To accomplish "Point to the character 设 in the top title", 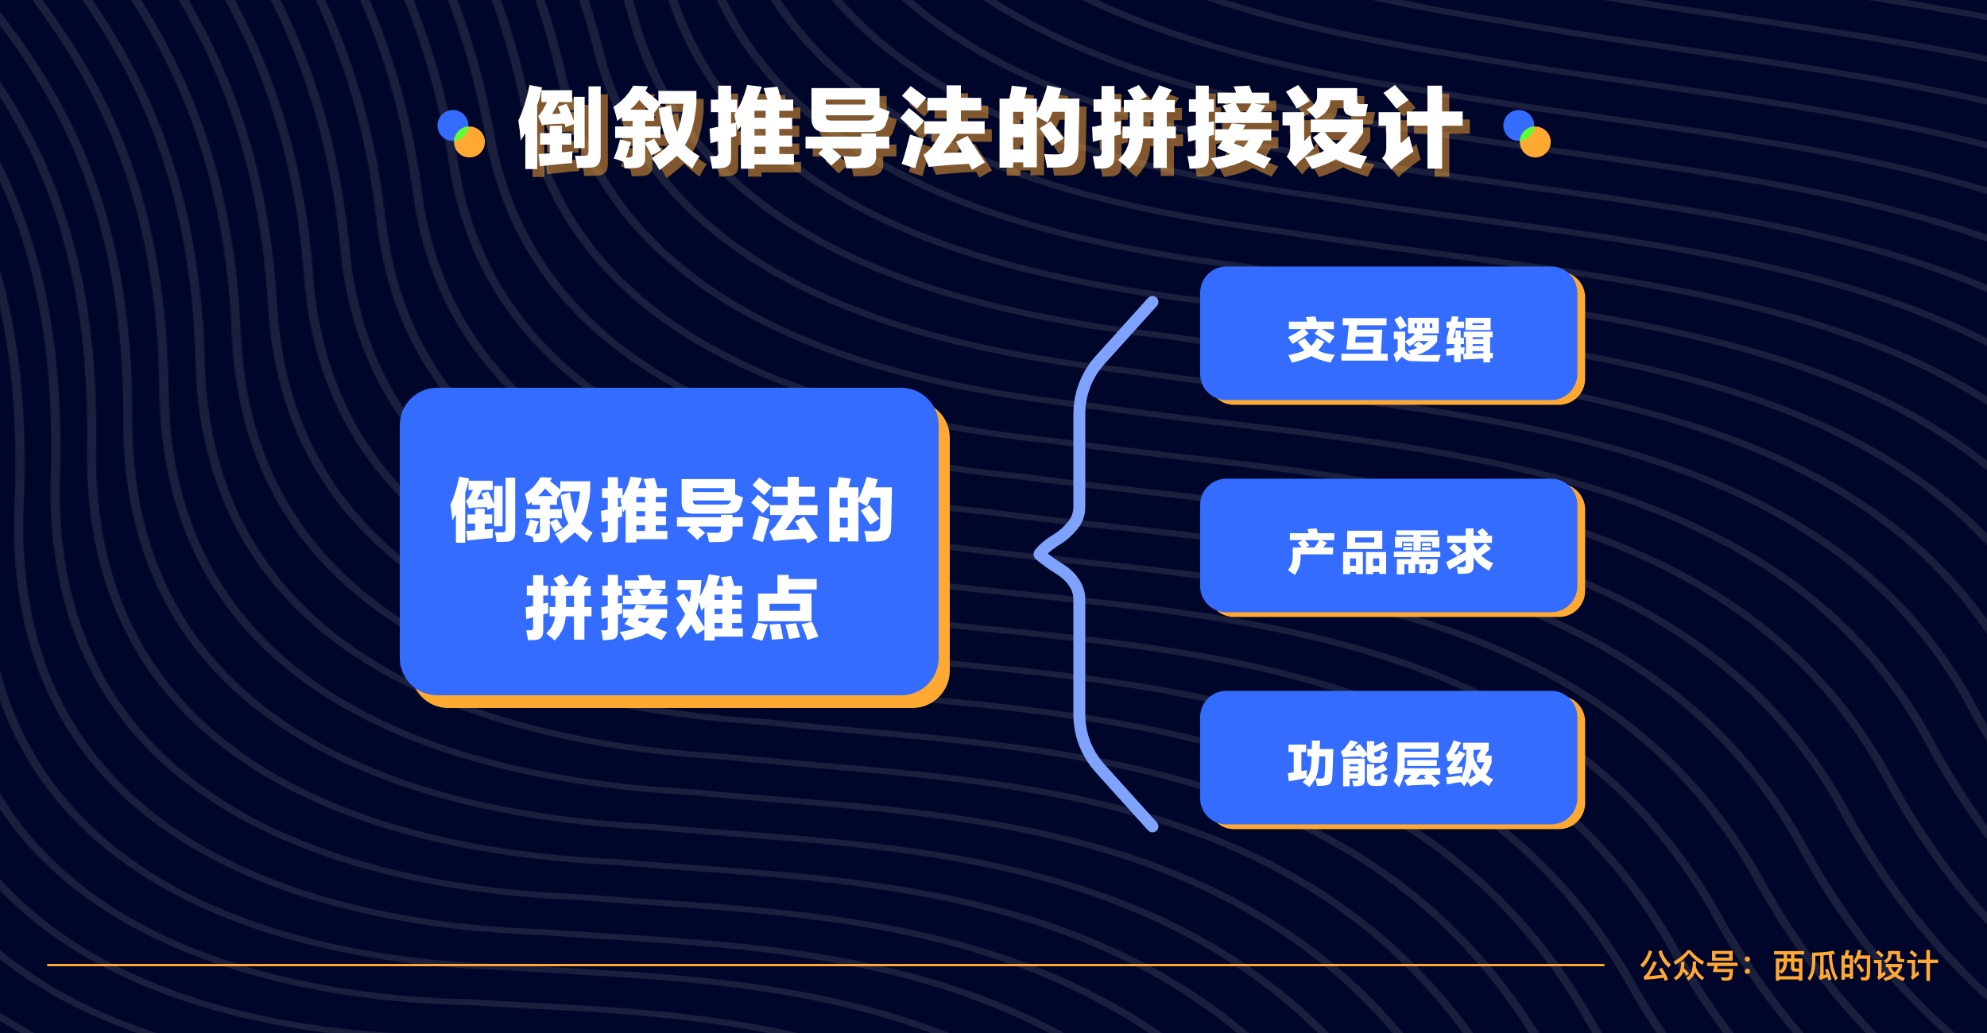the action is coord(1327,130).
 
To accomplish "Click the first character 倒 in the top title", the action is coord(564,130).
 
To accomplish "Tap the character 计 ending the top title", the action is coord(1423,130).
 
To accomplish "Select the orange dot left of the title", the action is coord(470,142).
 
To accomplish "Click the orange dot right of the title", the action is coord(1536,142).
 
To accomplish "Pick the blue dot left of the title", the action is coord(451,124).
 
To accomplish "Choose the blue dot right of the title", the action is coord(1517,124).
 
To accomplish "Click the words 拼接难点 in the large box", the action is coord(672,608).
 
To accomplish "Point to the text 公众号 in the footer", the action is coord(1689,966).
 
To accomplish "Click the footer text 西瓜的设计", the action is coord(1856,966).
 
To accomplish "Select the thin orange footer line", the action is coord(826,965).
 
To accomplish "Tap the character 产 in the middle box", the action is coord(1312,552).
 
